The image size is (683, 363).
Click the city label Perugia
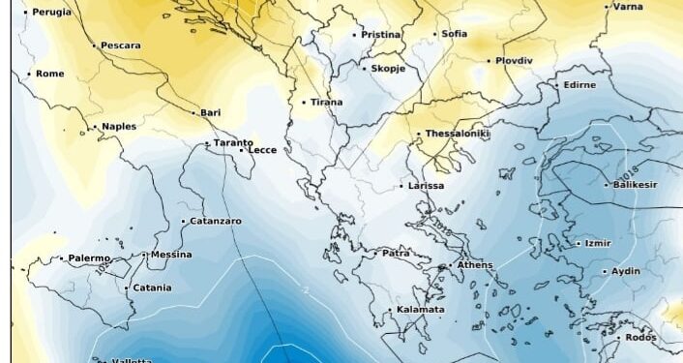click(52, 12)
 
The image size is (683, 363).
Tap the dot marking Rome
click(29, 74)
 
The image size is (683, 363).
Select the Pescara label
click(120, 45)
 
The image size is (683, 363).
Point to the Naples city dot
click(93, 127)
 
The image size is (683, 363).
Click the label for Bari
click(211, 112)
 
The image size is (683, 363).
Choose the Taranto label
click(233, 142)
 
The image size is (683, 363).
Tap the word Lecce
click(263, 150)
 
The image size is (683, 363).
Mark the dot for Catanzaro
click(183, 222)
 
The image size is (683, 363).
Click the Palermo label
click(89, 258)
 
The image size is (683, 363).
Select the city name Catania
click(153, 287)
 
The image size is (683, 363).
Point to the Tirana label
click(326, 102)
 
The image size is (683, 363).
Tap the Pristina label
click(380, 35)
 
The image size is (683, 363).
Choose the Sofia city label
click(455, 34)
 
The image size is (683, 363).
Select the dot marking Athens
click(448, 265)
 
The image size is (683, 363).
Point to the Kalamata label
click(421, 310)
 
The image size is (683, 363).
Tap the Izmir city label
click(598, 243)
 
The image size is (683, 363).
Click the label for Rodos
click(640, 337)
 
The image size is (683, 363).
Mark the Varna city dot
click(607, 7)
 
